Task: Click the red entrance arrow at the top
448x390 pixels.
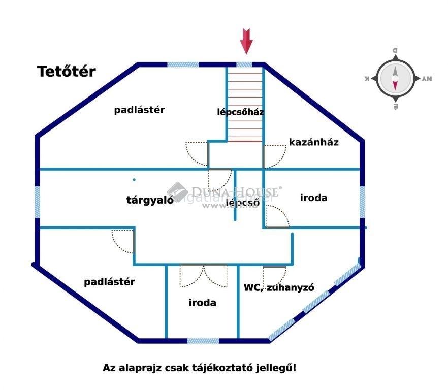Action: (x=246, y=41)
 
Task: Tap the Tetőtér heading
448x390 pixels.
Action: (x=66, y=72)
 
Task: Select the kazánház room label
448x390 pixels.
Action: (x=313, y=142)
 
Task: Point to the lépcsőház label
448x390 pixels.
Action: (x=240, y=112)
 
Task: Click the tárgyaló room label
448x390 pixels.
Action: (x=150, y=200)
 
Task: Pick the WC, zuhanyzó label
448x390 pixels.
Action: (x=278, y=287)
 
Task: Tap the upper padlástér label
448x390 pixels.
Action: (x=139, y=110)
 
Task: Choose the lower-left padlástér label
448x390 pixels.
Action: (x=109, y=282)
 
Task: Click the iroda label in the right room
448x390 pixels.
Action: (x=313, y=198)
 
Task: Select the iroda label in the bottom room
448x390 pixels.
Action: (x=202, y=303)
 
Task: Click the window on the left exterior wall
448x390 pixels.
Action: (x=37, y=202)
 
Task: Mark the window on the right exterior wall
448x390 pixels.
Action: (x=362, y=199)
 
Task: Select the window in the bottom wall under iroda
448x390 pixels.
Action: (x=203, y=341)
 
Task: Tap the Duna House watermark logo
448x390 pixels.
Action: (x=178, y=191)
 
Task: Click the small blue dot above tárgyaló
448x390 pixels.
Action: (x=134, y=179)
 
